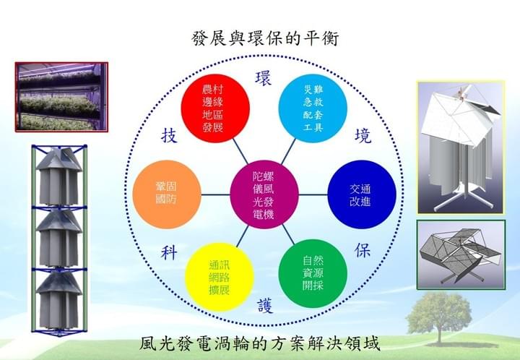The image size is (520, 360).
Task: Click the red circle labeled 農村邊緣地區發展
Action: point(215,108)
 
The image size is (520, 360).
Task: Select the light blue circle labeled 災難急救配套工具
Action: point(313,108)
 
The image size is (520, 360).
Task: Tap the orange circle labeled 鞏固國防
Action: point(167,194)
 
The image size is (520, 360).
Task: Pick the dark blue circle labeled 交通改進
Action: point(362,194)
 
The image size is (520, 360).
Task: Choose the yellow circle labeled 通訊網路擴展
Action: point(220,277)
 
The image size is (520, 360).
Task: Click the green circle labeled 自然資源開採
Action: point(313,273)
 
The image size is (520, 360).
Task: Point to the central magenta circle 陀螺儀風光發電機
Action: point(264,194)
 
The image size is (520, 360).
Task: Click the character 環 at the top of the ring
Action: point(264,78)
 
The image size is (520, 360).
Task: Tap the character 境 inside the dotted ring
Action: point(363,136)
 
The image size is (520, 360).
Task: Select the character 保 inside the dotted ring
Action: point(362,250)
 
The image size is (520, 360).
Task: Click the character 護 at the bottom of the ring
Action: point(265,306)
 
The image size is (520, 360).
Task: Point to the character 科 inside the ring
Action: point(169,253)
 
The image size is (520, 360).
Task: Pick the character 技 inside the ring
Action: point(169,136)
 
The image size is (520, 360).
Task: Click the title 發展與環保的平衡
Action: point(264,38)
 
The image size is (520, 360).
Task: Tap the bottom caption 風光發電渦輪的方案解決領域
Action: point(259,344)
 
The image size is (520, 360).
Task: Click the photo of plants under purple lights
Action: point(61,97)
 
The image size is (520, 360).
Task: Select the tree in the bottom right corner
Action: point(439,318)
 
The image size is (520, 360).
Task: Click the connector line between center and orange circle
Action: point(215,194)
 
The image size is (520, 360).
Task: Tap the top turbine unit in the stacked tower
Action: point(59,176)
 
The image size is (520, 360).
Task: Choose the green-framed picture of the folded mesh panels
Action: point(461,254)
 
